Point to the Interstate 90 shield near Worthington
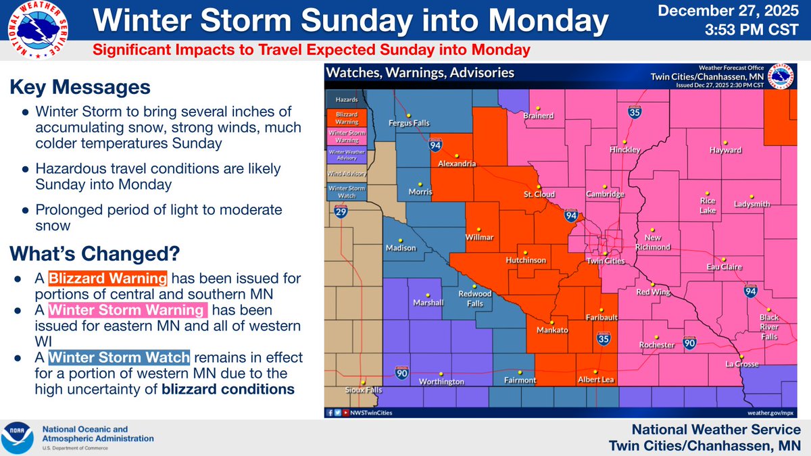[x=401, y=372]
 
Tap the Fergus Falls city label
[x=408, y=123]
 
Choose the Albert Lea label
[x=595, y=380]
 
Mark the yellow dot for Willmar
[x=478, y=228]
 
